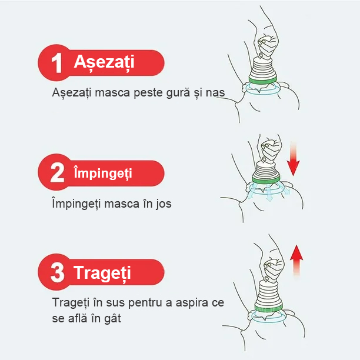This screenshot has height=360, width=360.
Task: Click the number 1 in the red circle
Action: [56, 63]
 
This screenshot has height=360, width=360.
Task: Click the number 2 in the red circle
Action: [57, 172]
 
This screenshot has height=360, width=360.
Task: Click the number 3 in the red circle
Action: [57, 272]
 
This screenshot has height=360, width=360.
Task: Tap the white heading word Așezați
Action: [104, 62]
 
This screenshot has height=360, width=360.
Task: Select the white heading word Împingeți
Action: [103, 173]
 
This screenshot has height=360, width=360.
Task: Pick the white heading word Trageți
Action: [102, 273]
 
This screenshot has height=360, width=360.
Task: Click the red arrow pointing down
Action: [293, 159]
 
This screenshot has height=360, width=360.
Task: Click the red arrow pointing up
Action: [296, 260]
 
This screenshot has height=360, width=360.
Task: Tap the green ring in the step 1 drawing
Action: [263, 81]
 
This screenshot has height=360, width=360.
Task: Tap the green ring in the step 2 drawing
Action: [266, 179]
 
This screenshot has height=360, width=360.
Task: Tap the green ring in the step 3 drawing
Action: [269, 308]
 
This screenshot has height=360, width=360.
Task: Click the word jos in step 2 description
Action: [164, 204]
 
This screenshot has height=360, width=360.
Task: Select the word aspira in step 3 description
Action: [192, 303]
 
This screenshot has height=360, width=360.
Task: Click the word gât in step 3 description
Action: [112, 319]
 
